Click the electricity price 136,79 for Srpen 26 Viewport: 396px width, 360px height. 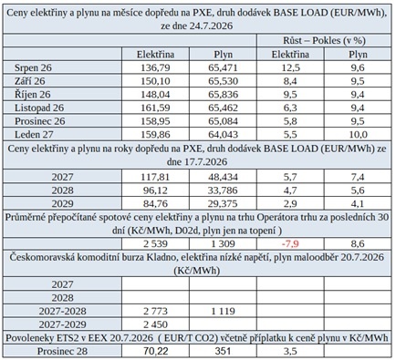tap(155, 67)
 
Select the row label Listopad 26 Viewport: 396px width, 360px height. tap(39, 108)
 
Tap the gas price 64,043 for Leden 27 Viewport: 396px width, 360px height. tap(223, 134)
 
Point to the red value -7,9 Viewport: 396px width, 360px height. tap(290, 243)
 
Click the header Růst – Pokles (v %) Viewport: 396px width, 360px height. tap(324, 40)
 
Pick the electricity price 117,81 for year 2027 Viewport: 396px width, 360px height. tap(155, 177)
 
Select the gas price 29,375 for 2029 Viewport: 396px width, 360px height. tap(223, 203)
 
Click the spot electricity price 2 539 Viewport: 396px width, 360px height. tap(155, 243)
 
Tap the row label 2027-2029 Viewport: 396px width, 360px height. tap(62, 324)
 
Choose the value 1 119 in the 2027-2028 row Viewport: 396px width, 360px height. tap(223, 311)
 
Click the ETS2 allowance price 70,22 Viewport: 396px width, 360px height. tap(155, 351)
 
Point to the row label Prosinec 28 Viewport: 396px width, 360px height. tap(62, 351)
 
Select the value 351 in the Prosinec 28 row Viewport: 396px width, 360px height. tap(223, 351)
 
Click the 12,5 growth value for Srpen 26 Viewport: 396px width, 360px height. tap(290, 67)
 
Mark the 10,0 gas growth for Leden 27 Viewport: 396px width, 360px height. tap(358, 134)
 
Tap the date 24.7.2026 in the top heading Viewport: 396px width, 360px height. tap(211, 26)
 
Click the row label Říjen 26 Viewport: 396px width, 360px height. tap(33, 94)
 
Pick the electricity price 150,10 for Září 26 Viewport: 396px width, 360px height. tap(155, 81)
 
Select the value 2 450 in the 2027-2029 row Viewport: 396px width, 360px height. tap(155, 324)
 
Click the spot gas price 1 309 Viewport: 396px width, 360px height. tap(223, 243)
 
